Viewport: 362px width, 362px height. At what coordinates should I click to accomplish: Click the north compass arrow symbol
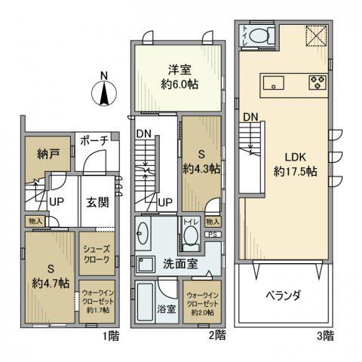click(104, 92)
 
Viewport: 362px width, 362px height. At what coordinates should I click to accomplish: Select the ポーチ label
click(95, 141)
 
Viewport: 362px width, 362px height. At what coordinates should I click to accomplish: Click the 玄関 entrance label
click(96, 202)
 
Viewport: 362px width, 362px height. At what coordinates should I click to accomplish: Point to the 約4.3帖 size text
click(201, 168)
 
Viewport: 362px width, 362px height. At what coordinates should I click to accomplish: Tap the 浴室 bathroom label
click(165, 308)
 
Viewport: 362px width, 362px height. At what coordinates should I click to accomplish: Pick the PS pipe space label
click(213, 235)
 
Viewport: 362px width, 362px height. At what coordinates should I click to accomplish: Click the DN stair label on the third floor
click(251, 116)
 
